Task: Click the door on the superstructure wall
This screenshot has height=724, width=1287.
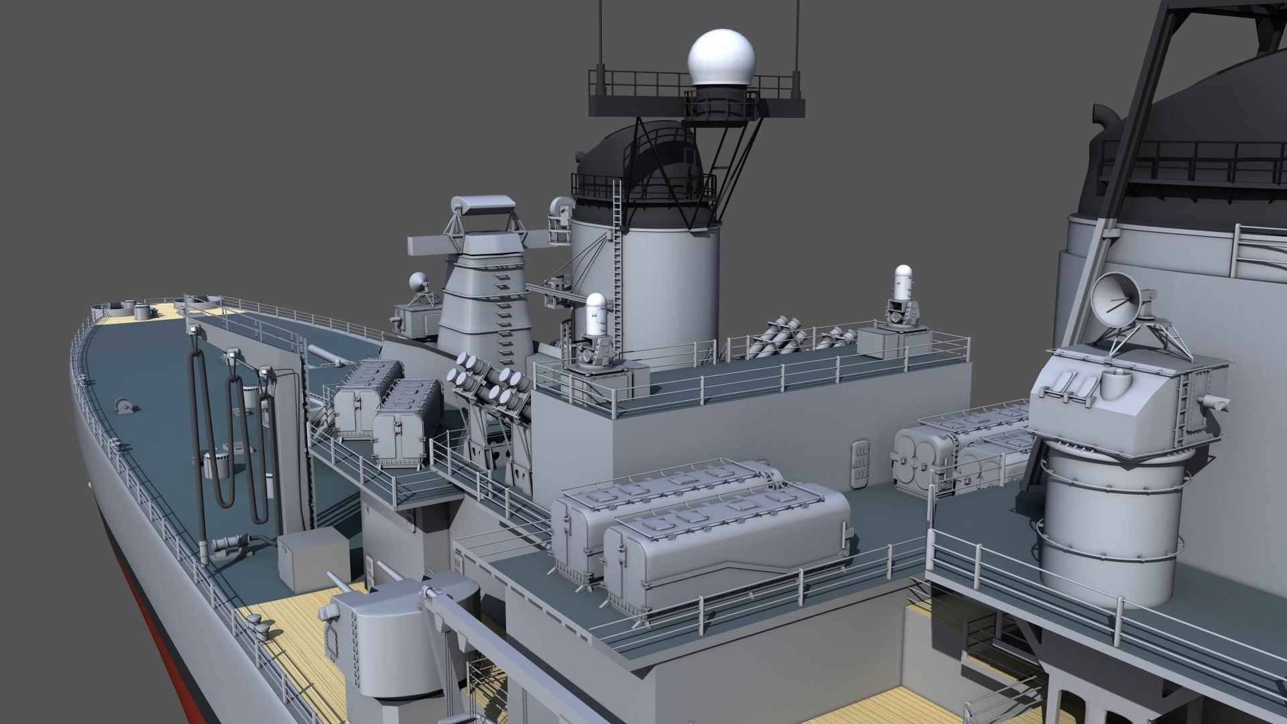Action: [859, 464]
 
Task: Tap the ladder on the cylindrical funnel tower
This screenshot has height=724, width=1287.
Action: [617, 268]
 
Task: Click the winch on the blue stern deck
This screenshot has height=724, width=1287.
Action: [123, 405]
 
